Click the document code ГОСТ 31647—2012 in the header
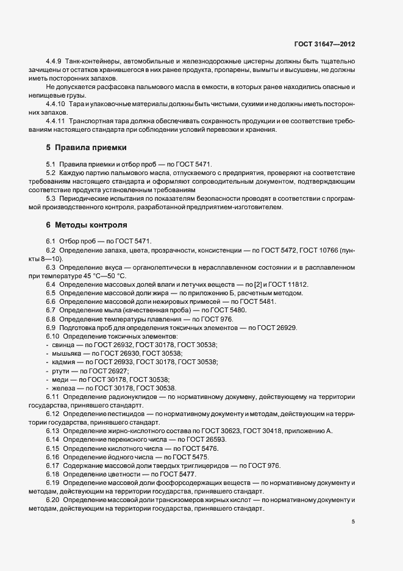(324, 45)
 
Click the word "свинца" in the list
(62, 345)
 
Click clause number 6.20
(53, 500)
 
